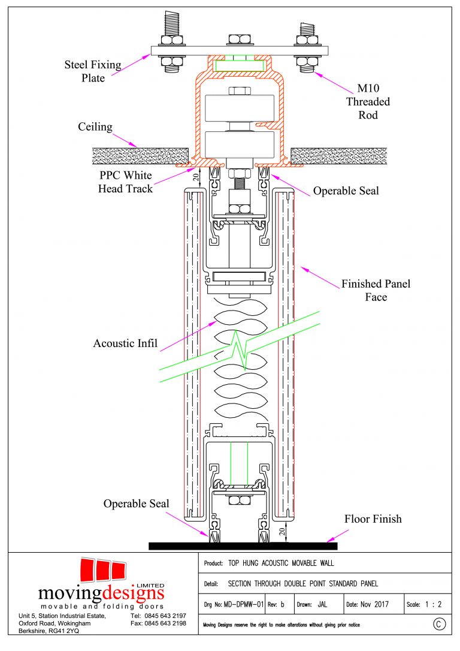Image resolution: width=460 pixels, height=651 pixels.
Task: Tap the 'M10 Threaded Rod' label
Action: (x=368, y=102)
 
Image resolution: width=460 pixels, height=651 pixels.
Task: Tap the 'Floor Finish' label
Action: (x=373, y=519)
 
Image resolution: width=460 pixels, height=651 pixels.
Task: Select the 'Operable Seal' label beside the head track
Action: (x=346, y=192)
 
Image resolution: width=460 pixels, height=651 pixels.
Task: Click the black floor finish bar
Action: (x=243, y=545)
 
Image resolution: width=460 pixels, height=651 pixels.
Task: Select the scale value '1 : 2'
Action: (x=432, y=604)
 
